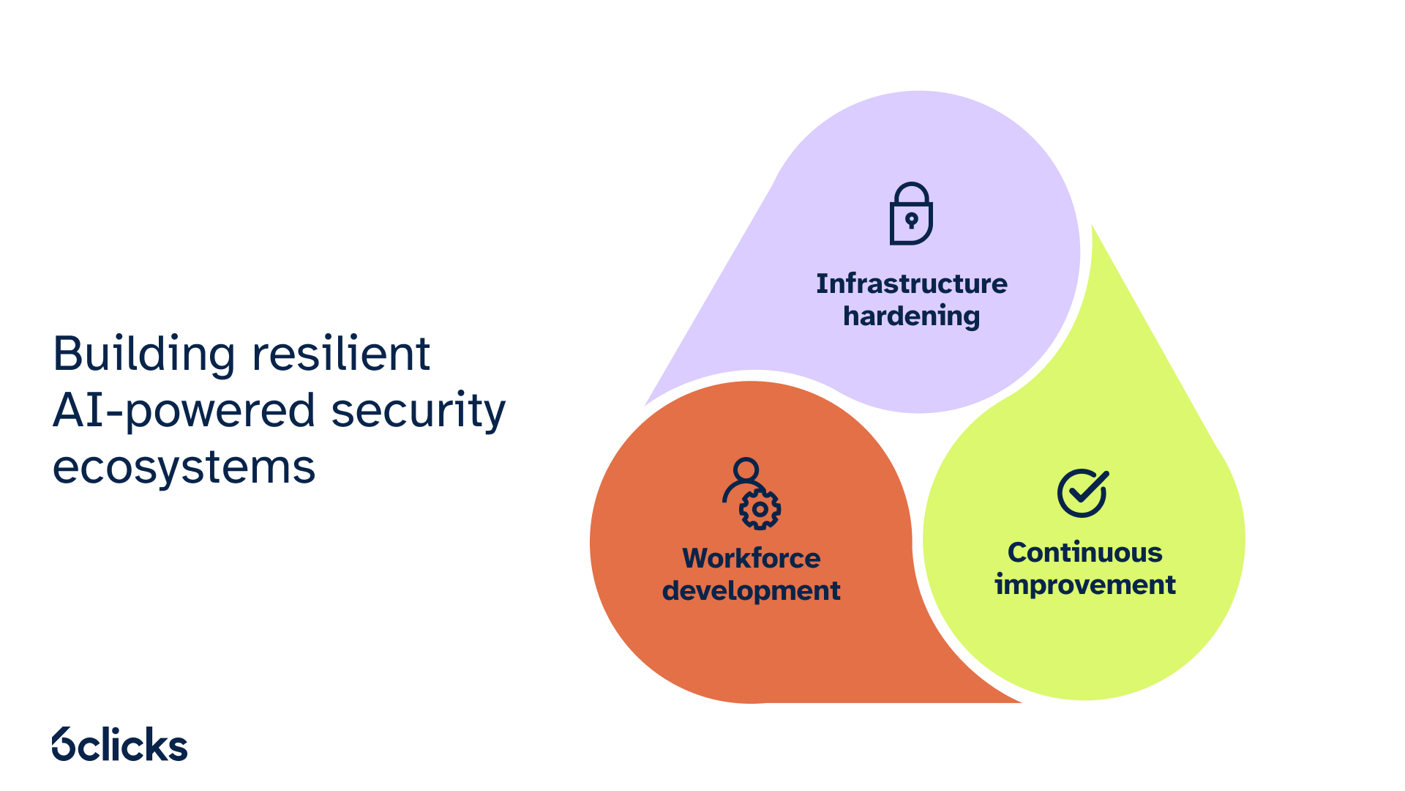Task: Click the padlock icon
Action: [x=911, y=213]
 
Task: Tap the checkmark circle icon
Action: [x=1083, y=493]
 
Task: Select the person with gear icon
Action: [x=752, y=494]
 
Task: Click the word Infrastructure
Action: [x=912, y=283]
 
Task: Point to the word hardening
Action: [x=911, y=316]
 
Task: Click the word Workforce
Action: [x=752, y=558]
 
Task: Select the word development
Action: [x=752, y=591]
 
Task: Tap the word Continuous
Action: [x=1084, y=552]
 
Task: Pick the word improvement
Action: [x=1084, y=585]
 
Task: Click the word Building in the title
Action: [x=144, y=354]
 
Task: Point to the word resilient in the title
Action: [x=341, y=353]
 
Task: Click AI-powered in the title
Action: [x=184, y=412]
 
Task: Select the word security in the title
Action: [x=419, y=412]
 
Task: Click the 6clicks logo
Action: [x=120, y=744]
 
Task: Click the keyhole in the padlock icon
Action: [x=911, y=220]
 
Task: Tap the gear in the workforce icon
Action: [x=760, y=509]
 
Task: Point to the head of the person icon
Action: [x=746, y=469]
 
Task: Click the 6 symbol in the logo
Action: [x=64, y=744]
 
